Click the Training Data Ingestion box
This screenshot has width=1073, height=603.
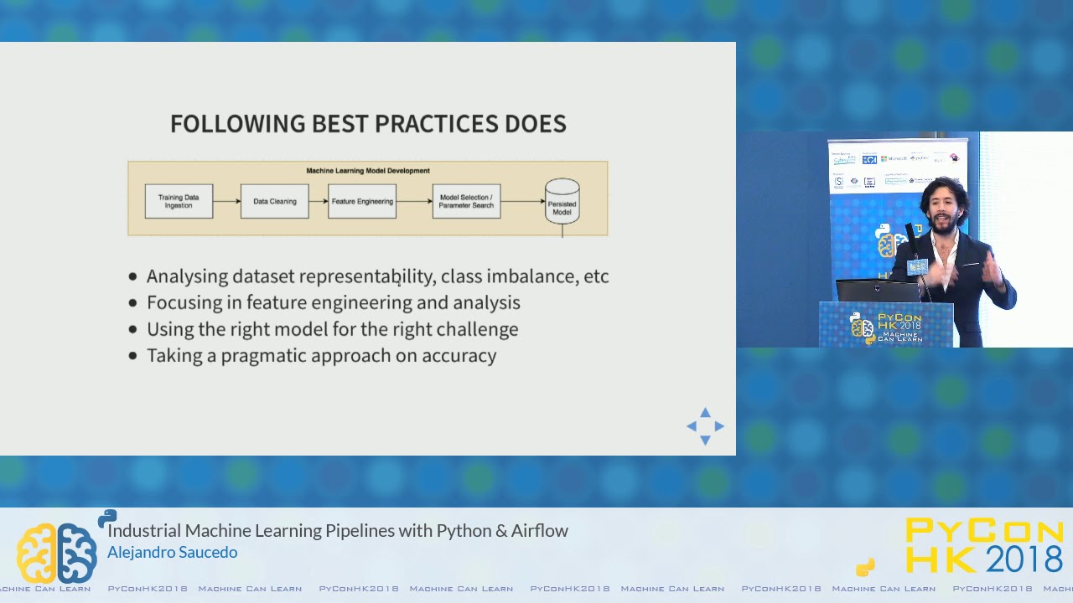pos(179,202)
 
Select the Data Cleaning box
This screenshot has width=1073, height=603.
pos(274,202)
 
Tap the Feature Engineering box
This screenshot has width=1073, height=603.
pos(362,202)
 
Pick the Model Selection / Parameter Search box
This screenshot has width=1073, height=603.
pos(466,202)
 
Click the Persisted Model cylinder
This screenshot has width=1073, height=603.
pos(562,202)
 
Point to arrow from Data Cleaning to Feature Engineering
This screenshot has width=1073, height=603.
pos(319,202)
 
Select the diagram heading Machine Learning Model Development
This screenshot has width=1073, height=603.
pos(368,171)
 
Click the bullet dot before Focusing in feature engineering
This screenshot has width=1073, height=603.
pos(133,303)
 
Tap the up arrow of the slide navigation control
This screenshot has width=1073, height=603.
pos(705,413)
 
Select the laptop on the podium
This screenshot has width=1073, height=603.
pos(877,291)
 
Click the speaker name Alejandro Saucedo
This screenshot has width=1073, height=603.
pos(172,552)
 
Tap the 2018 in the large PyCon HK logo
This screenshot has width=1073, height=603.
pos(1024,559)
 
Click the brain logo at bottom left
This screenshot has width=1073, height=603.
pos(56,553)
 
